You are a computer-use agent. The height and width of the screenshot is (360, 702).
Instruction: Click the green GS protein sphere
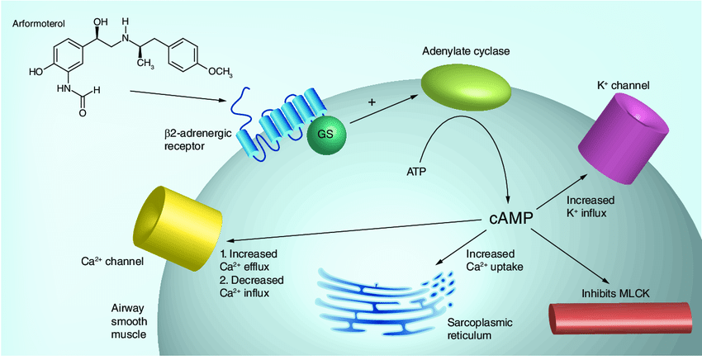click(x=326, y=132)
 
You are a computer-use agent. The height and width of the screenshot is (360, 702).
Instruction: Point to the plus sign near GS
click(x=372, y=102)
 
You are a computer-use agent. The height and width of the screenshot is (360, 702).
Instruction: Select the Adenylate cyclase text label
click(x=465, y=50)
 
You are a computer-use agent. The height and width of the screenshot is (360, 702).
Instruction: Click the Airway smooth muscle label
click(x=129, y=320)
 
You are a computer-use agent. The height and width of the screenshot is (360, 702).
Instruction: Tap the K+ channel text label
click(x=623, y=84)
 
